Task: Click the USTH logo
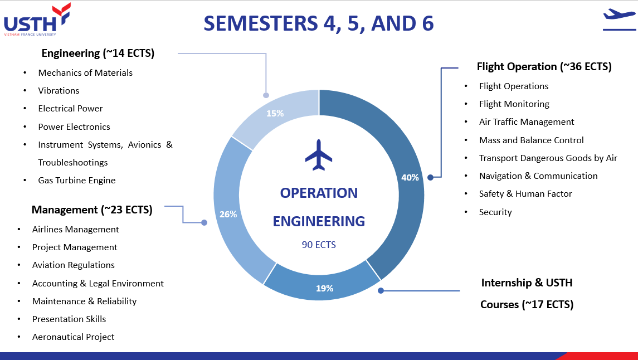(37, 19)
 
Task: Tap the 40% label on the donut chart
(410, 177)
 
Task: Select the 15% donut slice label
(275, 114)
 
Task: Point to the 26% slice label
(228, 214)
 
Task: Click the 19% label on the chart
(325, 289)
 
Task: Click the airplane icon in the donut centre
(319, 155)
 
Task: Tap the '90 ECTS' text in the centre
(319, 245)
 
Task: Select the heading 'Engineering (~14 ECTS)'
(98, 53)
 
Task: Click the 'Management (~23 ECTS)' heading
(92, 210)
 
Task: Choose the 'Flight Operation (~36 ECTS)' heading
(544, 67)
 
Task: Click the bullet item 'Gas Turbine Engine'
(77, 180)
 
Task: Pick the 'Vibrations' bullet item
(59, 90)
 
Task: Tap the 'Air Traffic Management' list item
(527, 121)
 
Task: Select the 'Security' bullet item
(495, 212)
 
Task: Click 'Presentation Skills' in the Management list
(69, 319)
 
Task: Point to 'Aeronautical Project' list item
(73, 337)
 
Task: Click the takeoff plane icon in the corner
(619, 19)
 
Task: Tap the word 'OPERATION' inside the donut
(319, 193)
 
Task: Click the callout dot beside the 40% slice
(431, 177)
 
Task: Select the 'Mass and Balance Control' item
(532, 140)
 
